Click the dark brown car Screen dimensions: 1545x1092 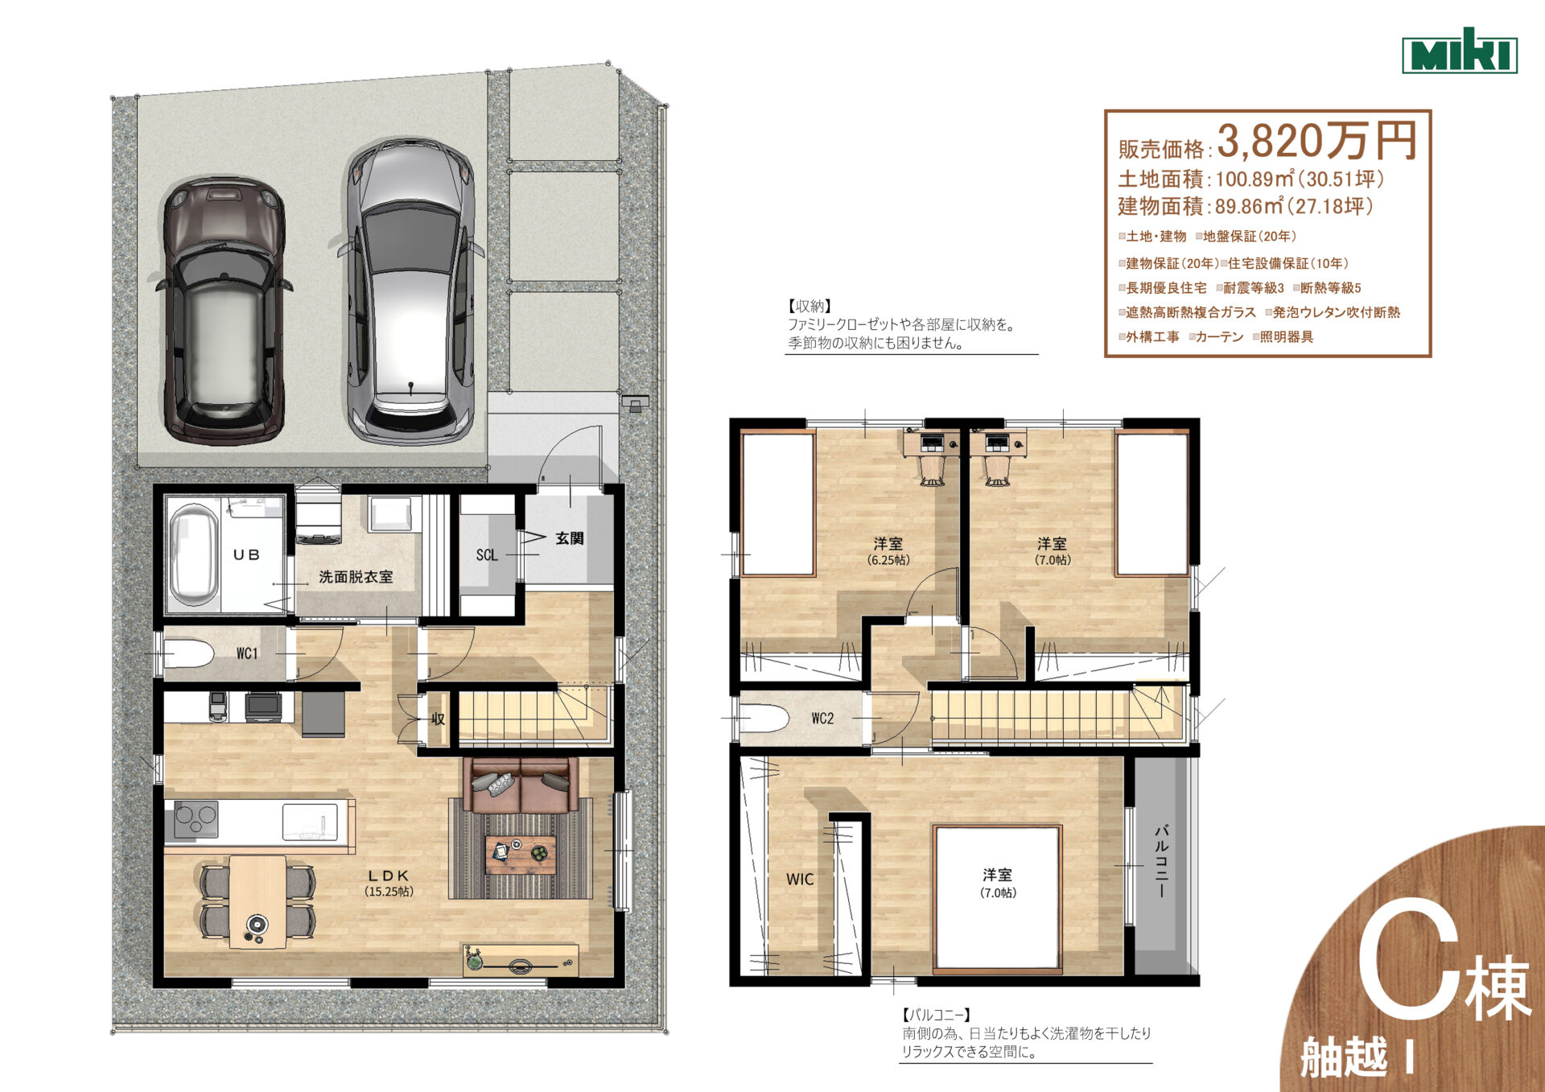[x=224, y=311]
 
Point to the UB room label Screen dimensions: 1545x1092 [x=246, y=554]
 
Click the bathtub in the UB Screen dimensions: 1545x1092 [x=194, y=555]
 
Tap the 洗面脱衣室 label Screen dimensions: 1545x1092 [x=356, y=577]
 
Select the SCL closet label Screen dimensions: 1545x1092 [x=487, y=555]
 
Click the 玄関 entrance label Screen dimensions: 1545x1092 [x=570, y=538]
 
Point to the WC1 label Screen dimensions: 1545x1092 [x=247, y=653]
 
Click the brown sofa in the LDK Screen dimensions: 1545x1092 [x=521, y=785]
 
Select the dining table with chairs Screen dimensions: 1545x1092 [x=257, y=901]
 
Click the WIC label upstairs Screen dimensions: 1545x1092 [x=800, y=880]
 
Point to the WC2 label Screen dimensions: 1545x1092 [x=822, y=719]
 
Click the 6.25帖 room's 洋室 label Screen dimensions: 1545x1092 [x=888, y=543]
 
